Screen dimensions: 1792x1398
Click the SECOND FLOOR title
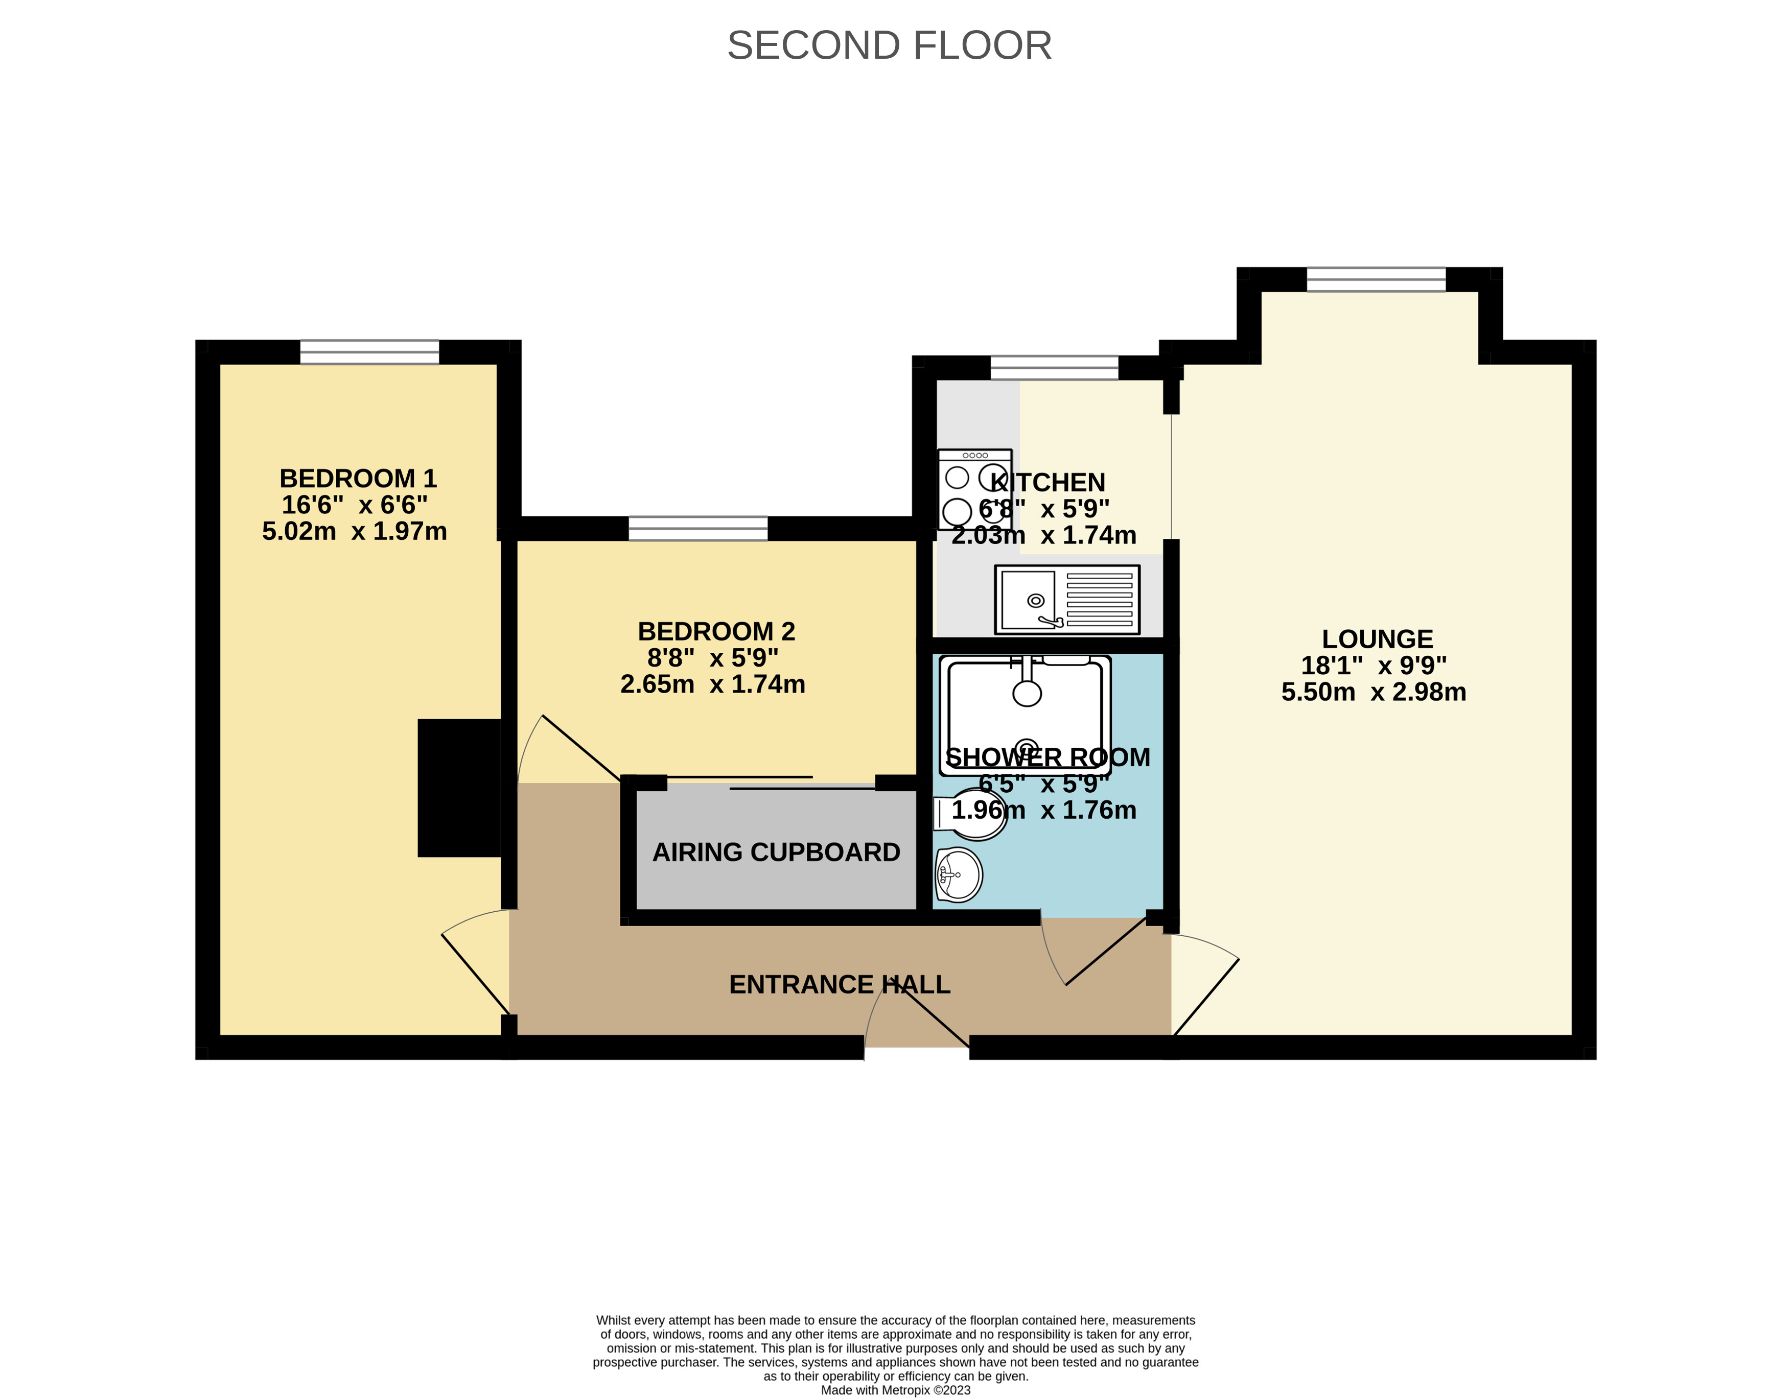(x=890, y=46)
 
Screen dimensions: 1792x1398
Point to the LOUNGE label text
(x=1377, y=638)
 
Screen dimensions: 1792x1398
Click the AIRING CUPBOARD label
(x=776, y=852)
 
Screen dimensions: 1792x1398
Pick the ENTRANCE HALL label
(x=840, y=984)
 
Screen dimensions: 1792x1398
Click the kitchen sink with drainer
(x=1067, y=600)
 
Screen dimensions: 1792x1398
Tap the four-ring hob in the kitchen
(x=975, y=490)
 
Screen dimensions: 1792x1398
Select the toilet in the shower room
(x=971, y=814)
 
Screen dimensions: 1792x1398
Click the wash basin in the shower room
(x=959, y=874)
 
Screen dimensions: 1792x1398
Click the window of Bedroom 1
(x=369, y=352)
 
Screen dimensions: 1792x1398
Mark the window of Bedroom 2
(x=699, y=528)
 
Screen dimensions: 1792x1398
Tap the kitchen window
(x=1054, y=368)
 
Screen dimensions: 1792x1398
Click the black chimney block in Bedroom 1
(x=459, y=789)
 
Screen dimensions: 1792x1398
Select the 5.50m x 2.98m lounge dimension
(x=1374, y=692)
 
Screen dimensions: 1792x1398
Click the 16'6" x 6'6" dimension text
(x=355, y=505)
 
